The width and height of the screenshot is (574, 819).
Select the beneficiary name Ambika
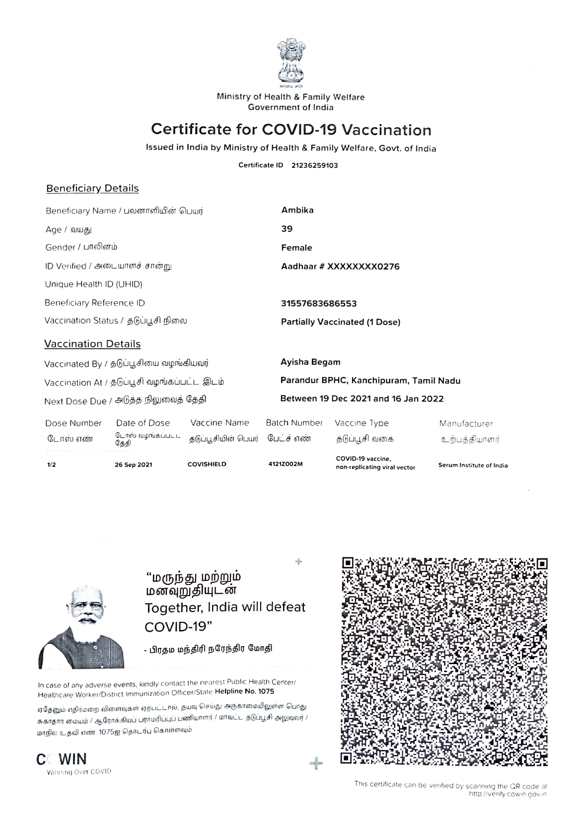297,210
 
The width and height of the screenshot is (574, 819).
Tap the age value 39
287,229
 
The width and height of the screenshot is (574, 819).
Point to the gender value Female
296,248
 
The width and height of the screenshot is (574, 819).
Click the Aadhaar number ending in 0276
340,267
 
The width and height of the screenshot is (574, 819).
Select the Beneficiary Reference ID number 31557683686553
319,303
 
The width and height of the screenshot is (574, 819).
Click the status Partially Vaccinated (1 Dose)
341,322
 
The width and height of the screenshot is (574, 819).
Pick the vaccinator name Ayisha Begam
310,362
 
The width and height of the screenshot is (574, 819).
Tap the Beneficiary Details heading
92,188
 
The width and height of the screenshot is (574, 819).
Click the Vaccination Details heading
92,343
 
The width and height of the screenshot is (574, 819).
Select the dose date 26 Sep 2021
134,465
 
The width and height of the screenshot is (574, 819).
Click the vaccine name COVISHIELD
207,464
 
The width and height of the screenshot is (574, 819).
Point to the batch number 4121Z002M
285,464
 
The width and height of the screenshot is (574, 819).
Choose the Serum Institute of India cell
473,465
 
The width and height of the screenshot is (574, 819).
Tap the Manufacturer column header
466,423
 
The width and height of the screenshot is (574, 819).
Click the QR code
444,662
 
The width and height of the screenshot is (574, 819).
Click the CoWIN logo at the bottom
62,759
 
